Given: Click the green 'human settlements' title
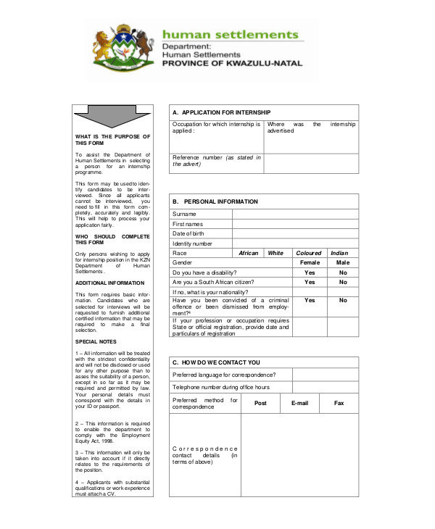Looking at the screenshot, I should pos(230,35).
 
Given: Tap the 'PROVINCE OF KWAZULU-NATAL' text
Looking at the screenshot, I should pos(230,63).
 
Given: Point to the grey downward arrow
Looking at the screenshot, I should pos(112,115).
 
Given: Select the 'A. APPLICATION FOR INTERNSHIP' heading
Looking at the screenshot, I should pos(221,112).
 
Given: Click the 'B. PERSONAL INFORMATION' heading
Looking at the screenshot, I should pos(215,201).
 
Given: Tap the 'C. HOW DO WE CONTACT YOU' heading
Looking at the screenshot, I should pos(216,362).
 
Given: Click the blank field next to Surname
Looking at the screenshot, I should pos(294,214).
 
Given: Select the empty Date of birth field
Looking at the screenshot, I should pos(294,233).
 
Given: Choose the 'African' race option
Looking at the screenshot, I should pos(249,253).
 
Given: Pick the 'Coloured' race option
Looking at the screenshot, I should pos(309,253).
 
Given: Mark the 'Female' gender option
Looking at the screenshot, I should pos(310,262).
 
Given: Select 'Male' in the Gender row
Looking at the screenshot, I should pos(342,262).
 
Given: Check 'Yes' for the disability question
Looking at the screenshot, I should pos(310,272).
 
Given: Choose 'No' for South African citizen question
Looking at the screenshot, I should pos(342,282).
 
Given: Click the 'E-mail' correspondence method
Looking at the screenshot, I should pos(299,403).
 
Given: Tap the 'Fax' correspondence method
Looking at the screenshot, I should pos(339,403).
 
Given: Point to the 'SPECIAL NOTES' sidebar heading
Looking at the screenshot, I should pos(95,341).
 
